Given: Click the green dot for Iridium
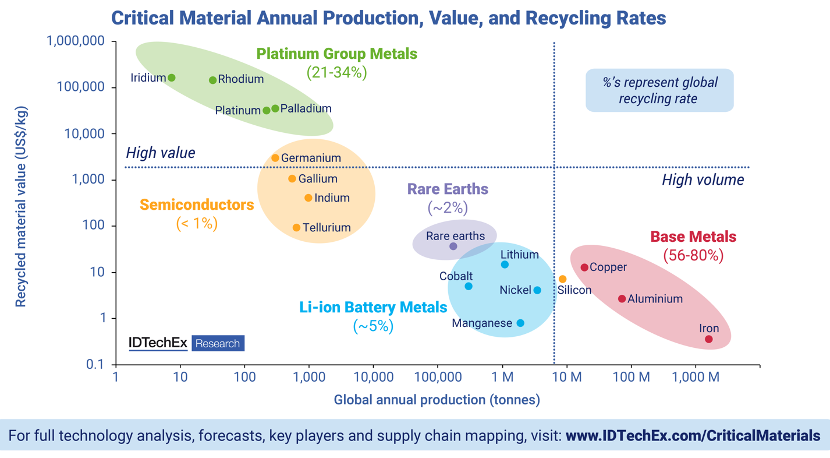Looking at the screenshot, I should pos(172,78).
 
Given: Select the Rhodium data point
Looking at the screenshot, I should pos(213,80).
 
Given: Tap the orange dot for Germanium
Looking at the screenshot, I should pos(275,158).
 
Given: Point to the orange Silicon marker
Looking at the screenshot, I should pos(563,280).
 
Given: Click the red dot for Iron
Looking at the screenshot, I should pos(709,339).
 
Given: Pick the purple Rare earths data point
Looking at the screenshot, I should pos(453,246).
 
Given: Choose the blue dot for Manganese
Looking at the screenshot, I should pos(520,323).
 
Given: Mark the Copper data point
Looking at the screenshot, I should pos(584,267).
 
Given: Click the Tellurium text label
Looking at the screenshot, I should pos(327,228).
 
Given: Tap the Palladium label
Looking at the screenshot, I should pos(306,109).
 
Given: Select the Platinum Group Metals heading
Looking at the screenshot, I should pos(337,54).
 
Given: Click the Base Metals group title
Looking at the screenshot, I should pos(693,237).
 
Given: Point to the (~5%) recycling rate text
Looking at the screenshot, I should pos(373,326).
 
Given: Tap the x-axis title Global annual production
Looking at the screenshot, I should pos(437,400).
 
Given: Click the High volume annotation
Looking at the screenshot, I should pos(703,180).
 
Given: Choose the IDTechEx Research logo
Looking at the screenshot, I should pos(186,343).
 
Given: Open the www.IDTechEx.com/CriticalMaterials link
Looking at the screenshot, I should pos(693,435).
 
